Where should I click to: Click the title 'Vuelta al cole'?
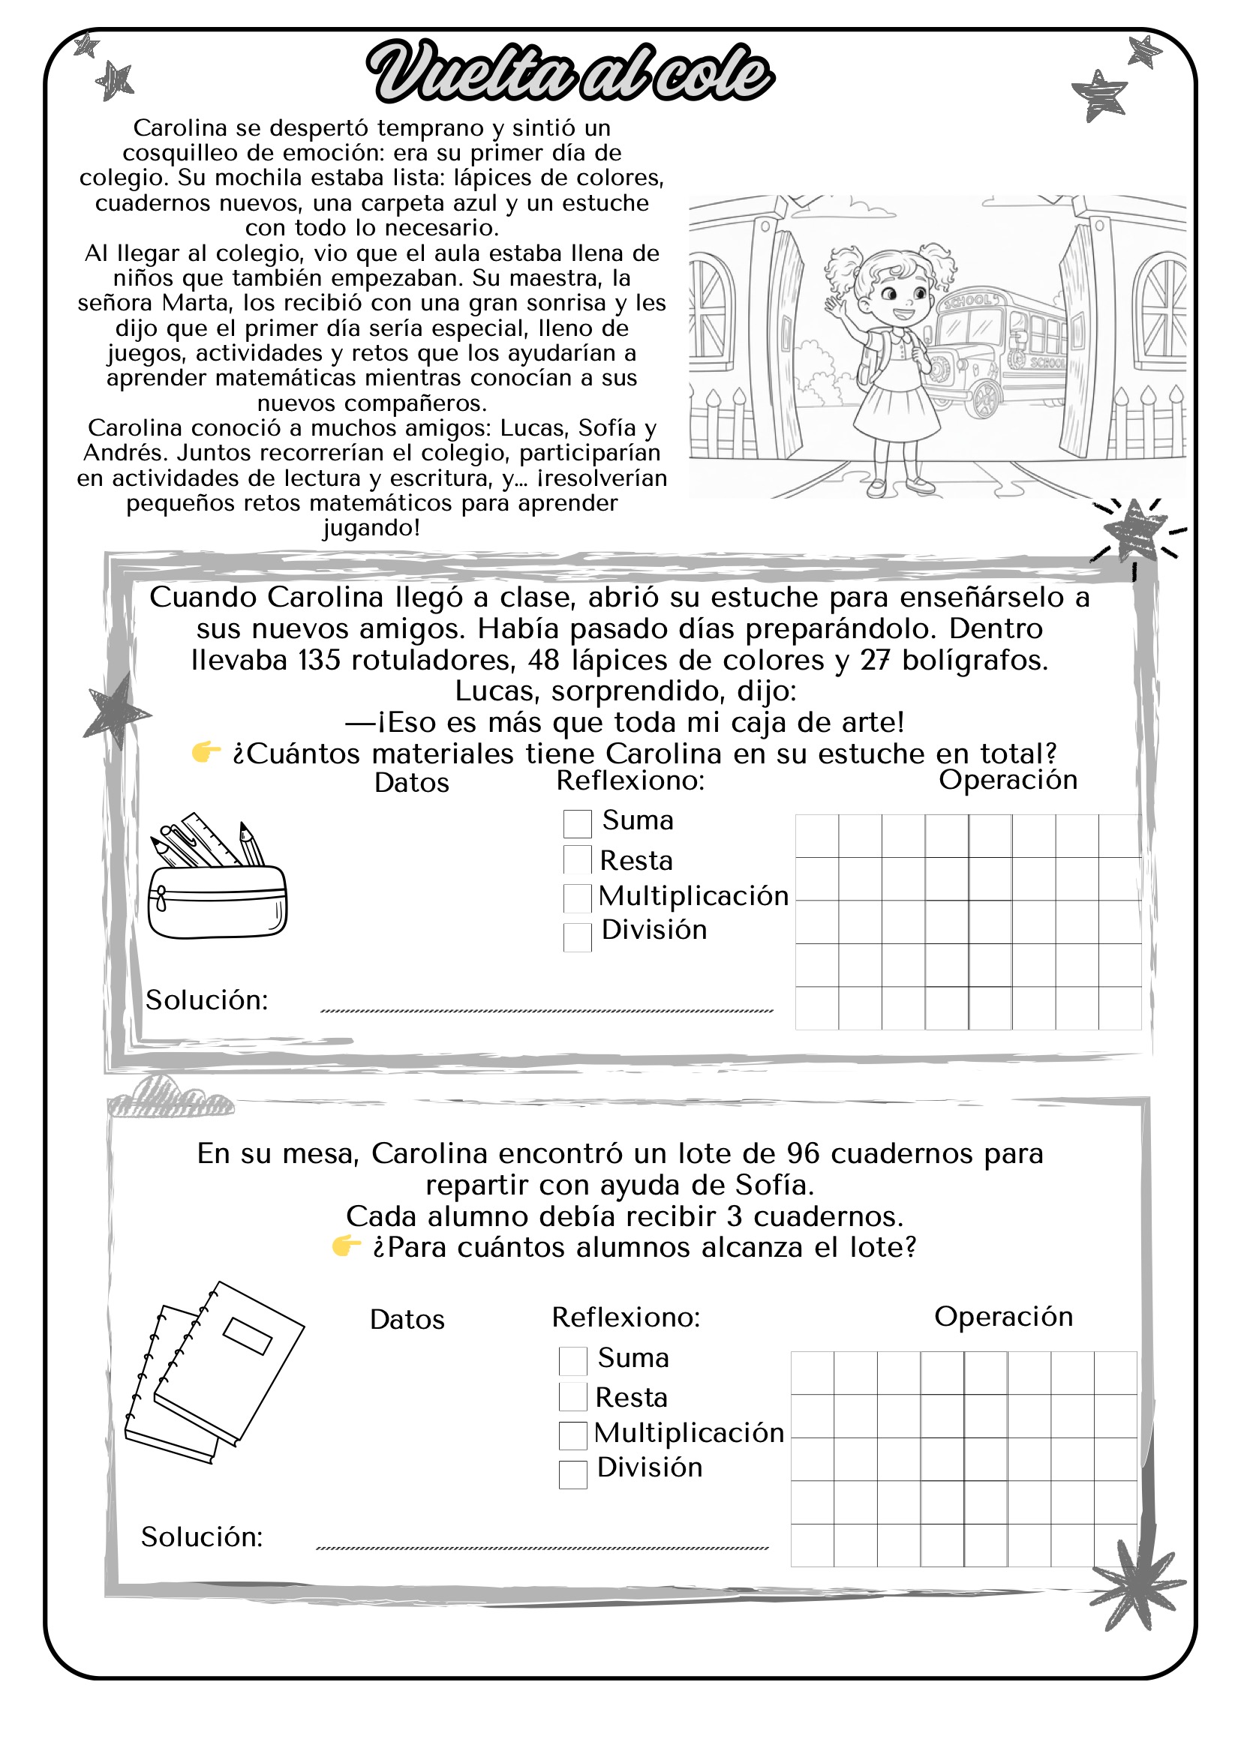[x=570, y=73]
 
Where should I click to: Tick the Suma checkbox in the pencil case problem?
[x=577, y=823]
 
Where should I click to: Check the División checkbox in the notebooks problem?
[x=572, y=1474]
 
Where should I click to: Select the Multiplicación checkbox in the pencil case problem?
[x=577, y=898]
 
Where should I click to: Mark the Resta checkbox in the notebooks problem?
[x=572, y=1396]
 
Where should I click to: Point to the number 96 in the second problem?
[x=802, y=1153]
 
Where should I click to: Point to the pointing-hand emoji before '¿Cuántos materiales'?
[x=206, y=752]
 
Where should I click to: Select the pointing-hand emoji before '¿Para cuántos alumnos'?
[x=346, y=1246]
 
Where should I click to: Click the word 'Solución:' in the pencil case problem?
[x=207, y=1000]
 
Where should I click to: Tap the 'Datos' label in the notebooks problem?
[x=407, y=1319]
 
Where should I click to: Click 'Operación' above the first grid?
[x=1007, y=779]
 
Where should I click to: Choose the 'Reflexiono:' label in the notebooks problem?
[x=626, y=1317]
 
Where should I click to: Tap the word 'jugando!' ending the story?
[x=371, y=528]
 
